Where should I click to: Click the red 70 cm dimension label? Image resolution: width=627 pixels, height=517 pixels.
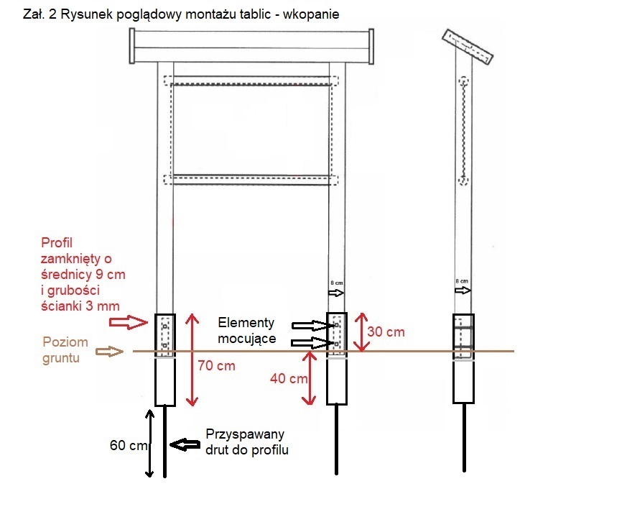click(x=216, y=365)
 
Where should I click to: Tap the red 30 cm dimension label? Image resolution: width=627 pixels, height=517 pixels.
click(x=386, y=331)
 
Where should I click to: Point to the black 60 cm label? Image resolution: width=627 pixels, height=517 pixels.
click(x=128, y=445)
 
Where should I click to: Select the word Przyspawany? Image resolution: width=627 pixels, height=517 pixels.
click(x=245, y=434)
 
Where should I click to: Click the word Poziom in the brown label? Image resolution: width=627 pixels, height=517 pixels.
click(x=65, y=342)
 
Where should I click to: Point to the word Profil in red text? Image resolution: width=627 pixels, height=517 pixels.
click(x=57, y=242)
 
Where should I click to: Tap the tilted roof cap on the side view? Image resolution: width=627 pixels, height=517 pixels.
click(x=468, y=47)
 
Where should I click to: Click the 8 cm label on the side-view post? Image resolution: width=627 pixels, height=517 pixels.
click(x=462, y=280)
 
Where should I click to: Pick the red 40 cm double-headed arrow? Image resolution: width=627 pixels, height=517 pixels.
click(x=310, y=378)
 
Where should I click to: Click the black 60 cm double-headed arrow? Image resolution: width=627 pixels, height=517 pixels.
click(x=149, y=443)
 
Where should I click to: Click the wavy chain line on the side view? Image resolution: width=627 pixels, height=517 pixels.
click(x=463, y=129)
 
